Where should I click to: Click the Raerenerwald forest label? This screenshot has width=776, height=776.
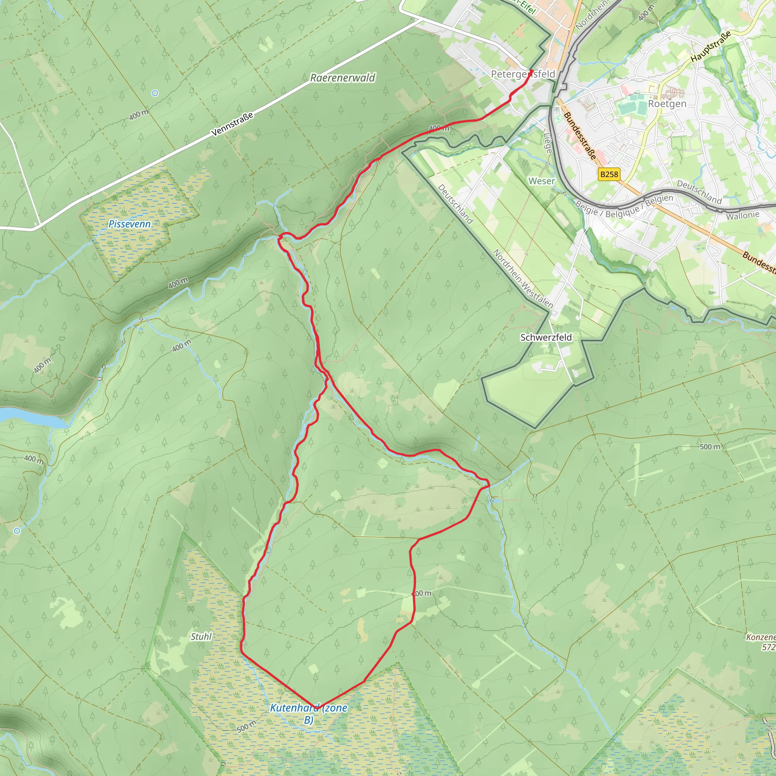pos(343,78)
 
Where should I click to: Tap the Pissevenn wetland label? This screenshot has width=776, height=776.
pos(130,224)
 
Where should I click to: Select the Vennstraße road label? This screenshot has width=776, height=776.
pos(233,124)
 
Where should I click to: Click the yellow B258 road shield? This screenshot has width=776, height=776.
pos(609,174)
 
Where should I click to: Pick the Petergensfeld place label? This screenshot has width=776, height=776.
pos(523,74)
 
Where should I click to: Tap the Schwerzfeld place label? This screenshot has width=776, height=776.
pos(546,337)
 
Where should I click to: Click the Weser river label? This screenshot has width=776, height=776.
pos(541,181)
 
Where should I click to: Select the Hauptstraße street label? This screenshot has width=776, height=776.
pos(710,47)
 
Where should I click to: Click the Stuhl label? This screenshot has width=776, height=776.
pos(201,637)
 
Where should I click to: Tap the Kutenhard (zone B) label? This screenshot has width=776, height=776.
pos(308,713)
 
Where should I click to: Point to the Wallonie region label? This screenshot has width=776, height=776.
pos(742,215)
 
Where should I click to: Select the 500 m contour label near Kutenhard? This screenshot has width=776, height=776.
pos(246,726)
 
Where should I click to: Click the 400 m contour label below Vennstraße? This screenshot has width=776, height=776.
pos(139,115)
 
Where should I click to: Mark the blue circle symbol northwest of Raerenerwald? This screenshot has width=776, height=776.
pos(155,93)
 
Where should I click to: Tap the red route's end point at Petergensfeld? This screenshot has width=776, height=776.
pos(531,72)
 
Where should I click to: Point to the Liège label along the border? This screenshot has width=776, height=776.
pos(548,142)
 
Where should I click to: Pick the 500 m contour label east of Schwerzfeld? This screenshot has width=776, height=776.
pos(710,447)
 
